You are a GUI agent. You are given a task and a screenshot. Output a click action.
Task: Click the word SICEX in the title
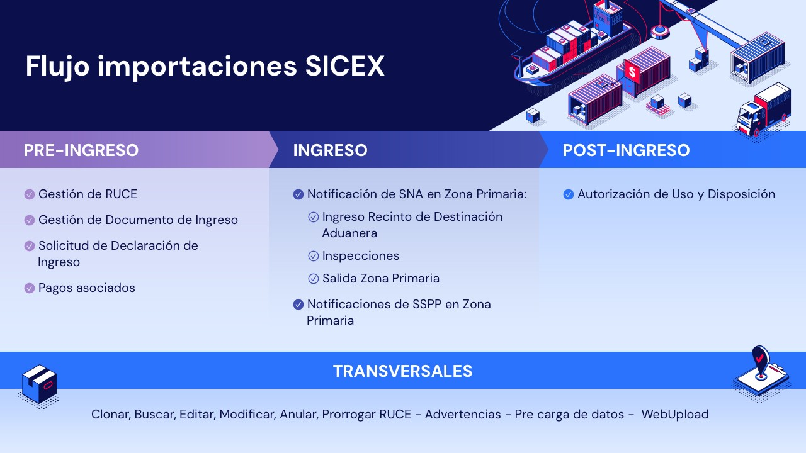pos(344,66)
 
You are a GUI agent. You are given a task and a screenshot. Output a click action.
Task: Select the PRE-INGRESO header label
pos(81,150)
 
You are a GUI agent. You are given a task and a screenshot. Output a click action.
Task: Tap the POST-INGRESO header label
pos(626,150)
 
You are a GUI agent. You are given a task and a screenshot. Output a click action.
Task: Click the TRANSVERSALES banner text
pos(402,371)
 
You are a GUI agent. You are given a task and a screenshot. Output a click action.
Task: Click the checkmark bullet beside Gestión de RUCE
pos(29,194)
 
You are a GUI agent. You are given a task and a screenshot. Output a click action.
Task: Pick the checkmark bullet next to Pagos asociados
pos(29,288)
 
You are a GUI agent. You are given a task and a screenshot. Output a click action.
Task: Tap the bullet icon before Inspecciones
pos(314,256)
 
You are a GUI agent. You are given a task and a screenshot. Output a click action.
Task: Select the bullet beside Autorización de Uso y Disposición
pos(568,194)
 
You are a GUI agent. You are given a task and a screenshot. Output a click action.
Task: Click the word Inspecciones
pos(361,256)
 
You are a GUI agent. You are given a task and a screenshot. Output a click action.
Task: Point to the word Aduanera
pos(349,233)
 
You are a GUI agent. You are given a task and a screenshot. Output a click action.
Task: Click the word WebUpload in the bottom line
pos(675,414)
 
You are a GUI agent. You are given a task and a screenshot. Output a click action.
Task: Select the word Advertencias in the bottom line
pos(463,414)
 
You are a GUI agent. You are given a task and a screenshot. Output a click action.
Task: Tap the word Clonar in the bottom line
pos(110,415)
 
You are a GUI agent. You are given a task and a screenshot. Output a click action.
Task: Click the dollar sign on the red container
pos(632,72)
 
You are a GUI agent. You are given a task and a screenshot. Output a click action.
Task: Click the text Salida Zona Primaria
pos(381,279)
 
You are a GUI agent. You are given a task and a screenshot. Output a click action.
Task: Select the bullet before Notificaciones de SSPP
pos(298,305)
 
